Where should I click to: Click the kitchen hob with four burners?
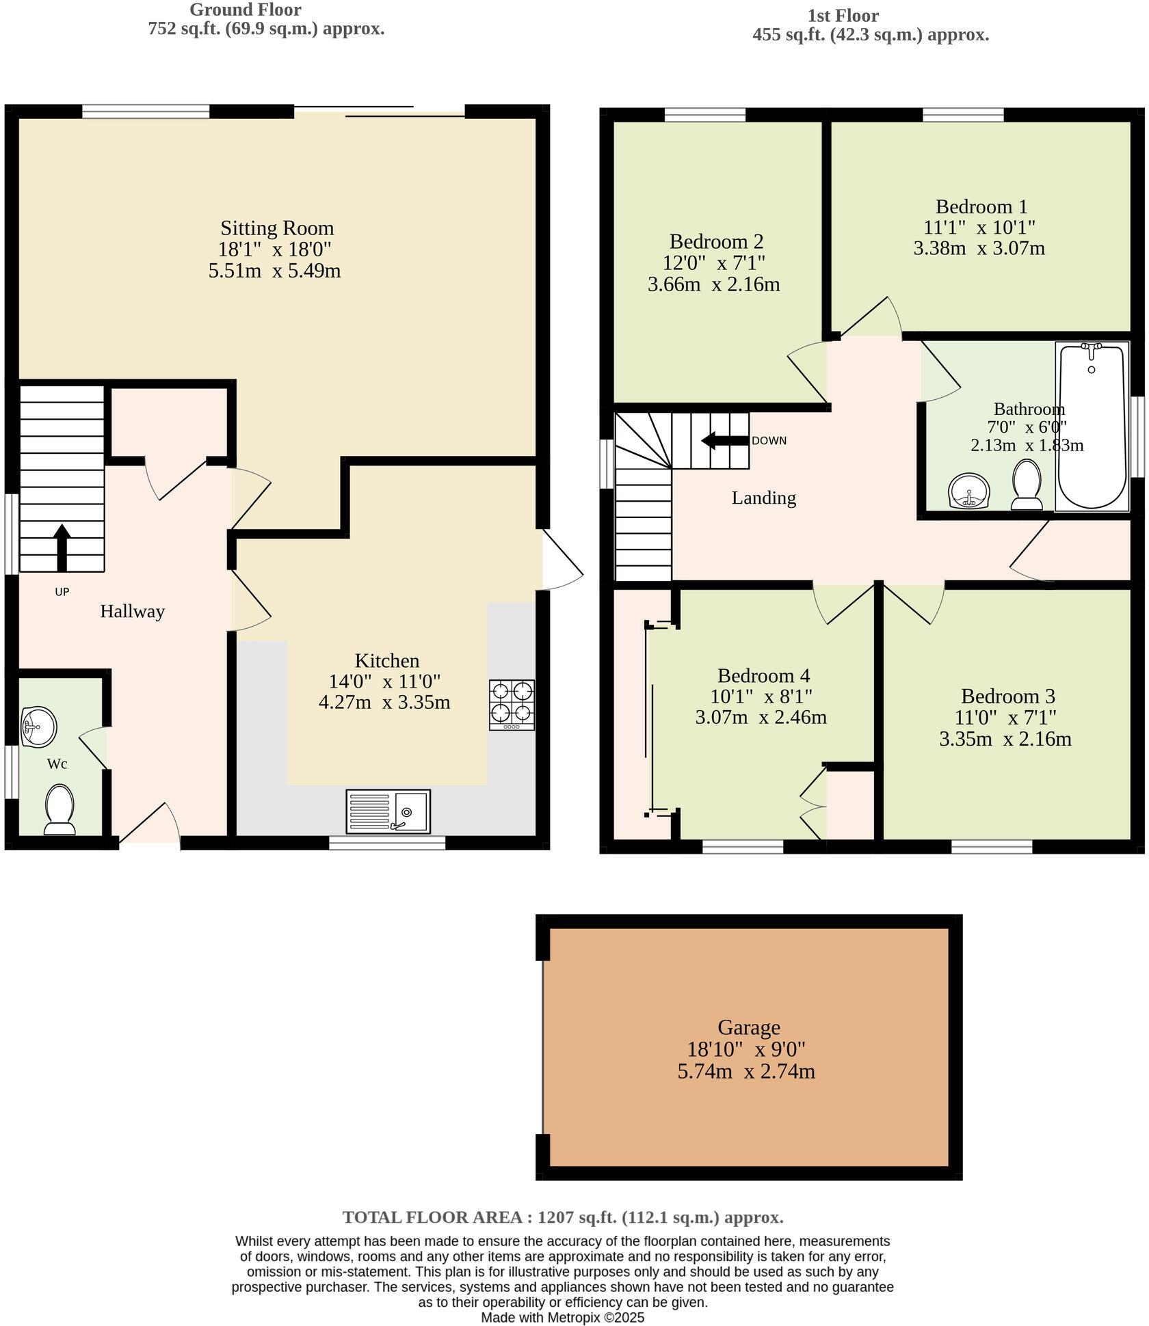512,705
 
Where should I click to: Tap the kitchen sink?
388,811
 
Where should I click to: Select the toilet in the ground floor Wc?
60,810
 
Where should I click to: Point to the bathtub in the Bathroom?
1092,427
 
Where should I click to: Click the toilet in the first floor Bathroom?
1027,485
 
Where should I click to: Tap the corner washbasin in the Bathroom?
970,491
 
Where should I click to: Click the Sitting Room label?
277,228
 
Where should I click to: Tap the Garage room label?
748,1027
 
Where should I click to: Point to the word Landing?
763,498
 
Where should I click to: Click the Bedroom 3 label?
1007,696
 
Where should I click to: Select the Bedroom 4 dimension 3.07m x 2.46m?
761,717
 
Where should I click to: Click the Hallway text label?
132,611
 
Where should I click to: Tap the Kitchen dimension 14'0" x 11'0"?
384,681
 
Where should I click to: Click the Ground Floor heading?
245,10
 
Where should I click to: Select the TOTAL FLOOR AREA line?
562,1217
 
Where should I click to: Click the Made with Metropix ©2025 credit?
562,1317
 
